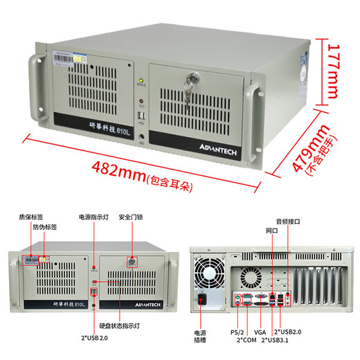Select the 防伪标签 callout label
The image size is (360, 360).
coord(45,226)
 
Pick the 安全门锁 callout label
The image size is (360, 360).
coord(132,217)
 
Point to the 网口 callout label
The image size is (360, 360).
coord(272,231)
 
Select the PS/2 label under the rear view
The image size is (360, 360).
coord(237,332)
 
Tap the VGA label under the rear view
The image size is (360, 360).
coord(260,332)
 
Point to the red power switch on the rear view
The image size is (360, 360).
coord(203,300)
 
